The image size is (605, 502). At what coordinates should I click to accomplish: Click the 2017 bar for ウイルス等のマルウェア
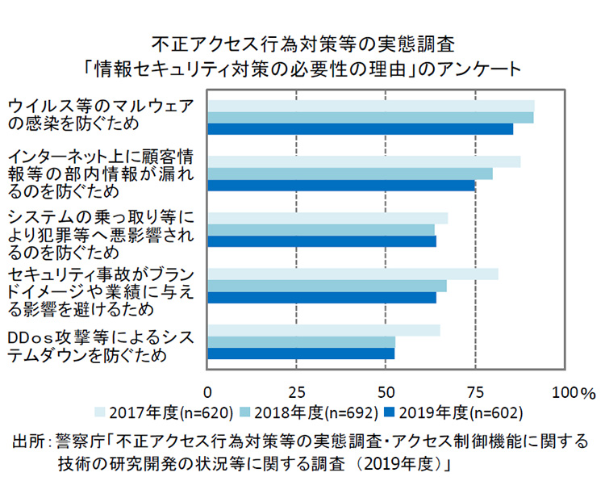(x=371, y=106)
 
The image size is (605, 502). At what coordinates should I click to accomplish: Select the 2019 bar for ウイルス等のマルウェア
(x=361, y=128)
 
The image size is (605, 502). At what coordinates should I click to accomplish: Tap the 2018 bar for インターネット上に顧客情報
(x=350, y=174)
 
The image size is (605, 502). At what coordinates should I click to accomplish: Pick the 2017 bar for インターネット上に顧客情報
(x=364, y=161)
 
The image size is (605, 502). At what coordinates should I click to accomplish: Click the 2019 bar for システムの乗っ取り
(x=322, y=241)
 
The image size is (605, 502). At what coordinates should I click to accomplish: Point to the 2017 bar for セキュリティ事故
(x=353, y=274)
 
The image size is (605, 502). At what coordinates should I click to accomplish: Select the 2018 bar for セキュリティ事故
(x=327, y=286)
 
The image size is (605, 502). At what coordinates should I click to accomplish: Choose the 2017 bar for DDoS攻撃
(x=323, y=330)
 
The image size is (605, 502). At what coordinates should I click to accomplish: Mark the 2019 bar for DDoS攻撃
(x=301, y=353)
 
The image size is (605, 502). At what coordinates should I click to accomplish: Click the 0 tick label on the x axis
(x=208, y=391)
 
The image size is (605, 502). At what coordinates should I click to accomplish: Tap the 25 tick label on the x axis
(x=297, y=391)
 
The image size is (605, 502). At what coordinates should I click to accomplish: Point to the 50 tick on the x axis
(x=386, y=391)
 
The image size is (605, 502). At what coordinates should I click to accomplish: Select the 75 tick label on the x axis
(x=476, y=391)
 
